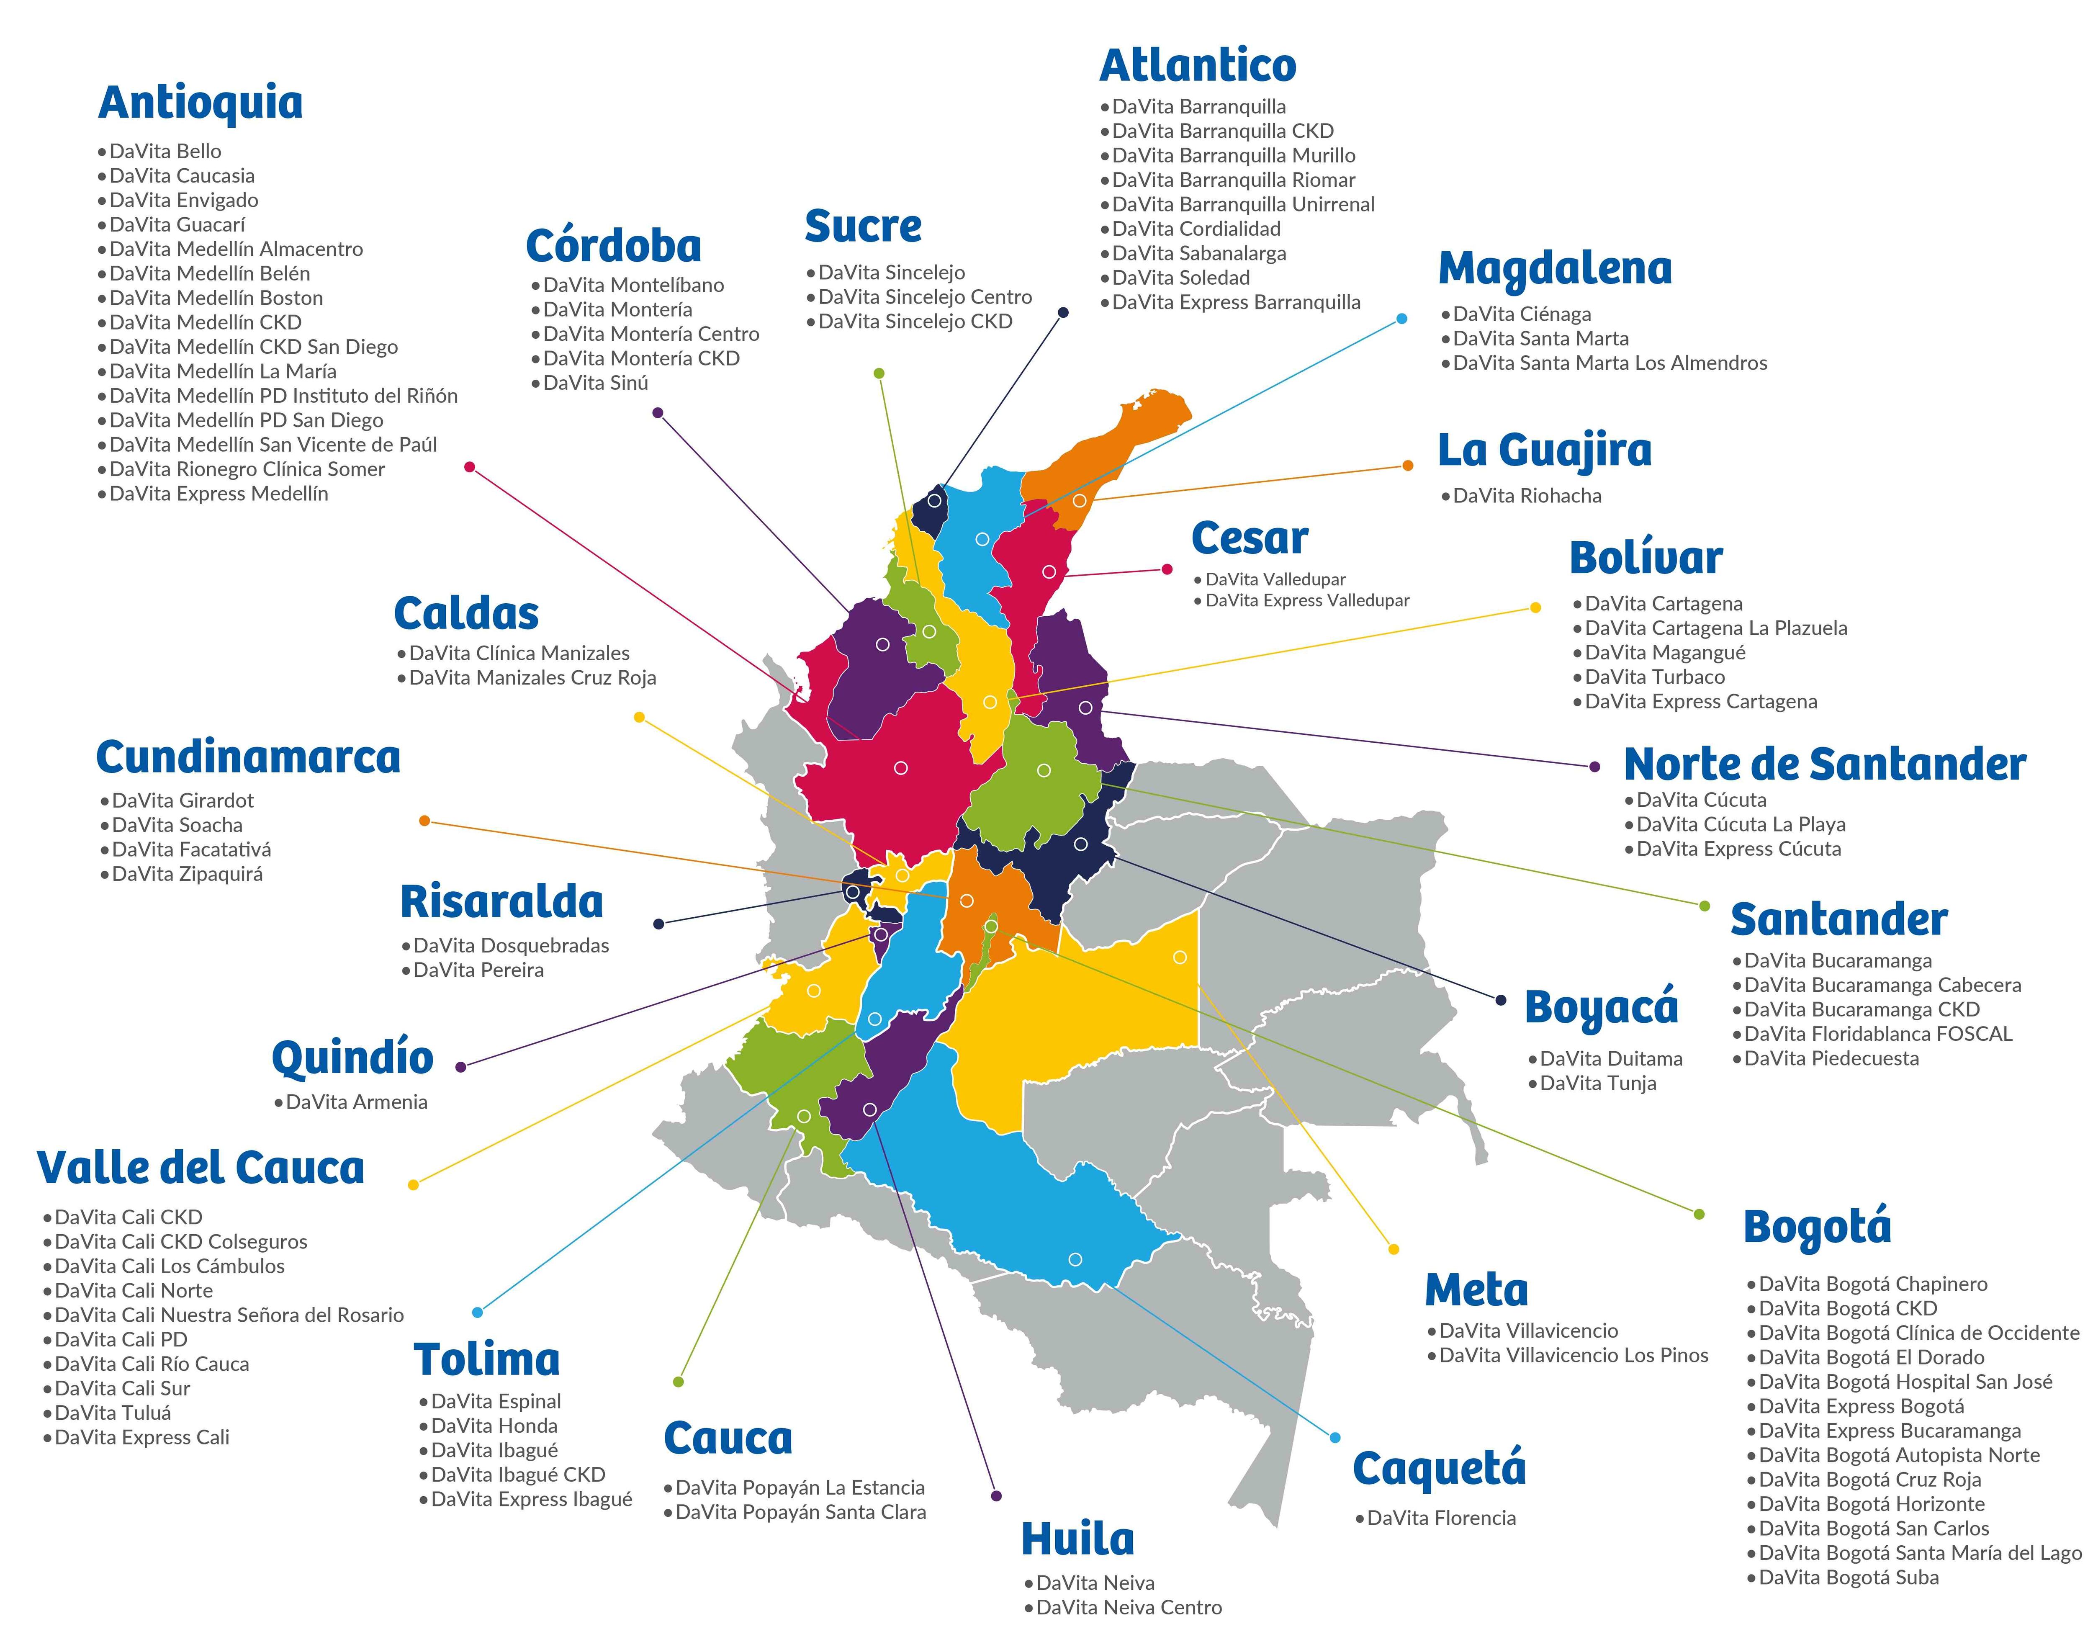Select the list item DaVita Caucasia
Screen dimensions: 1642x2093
[182, 176]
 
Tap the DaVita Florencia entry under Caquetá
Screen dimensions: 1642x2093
[1440, 1518]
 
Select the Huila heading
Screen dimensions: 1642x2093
[1077, 1539]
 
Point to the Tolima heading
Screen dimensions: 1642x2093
[486, 1359]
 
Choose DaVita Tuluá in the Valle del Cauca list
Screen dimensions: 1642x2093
[113, 1413]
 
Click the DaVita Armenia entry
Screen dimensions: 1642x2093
[355, 1103]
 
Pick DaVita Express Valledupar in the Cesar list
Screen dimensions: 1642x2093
[1307, 601]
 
